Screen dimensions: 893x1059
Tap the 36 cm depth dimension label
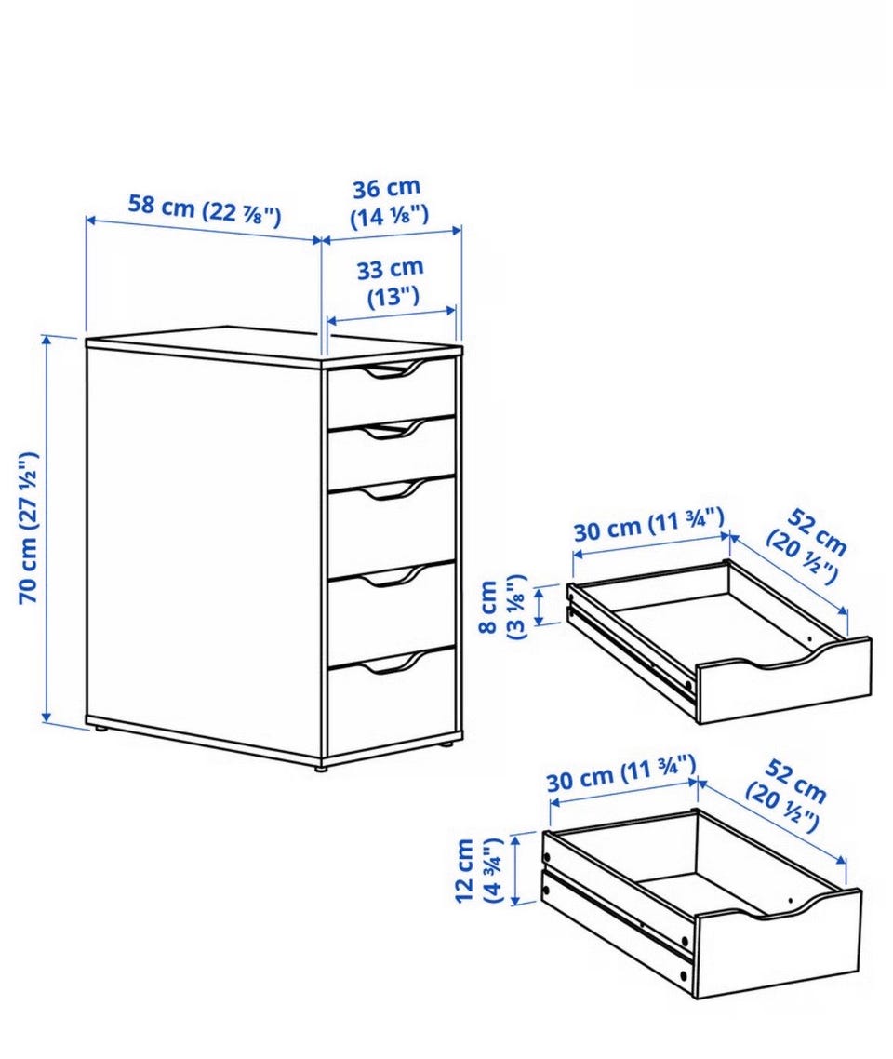pos(388,202)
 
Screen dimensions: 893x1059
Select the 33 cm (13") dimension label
pos(391,282)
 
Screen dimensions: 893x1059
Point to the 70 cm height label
pos(28,528)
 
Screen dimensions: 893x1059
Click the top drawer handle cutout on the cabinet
pos(391,370)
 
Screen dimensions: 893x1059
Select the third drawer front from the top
pos(392,523)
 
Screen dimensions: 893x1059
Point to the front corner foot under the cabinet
pos(321,766)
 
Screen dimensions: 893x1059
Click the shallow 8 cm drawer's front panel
pos(783,681)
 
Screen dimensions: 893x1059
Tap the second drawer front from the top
pos(392,450)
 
